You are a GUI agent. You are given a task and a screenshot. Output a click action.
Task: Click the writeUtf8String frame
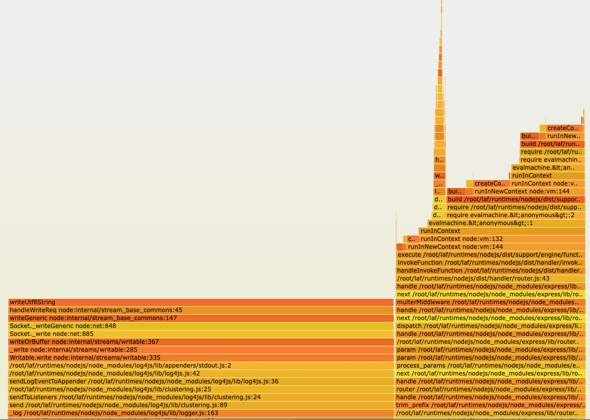(201, 302)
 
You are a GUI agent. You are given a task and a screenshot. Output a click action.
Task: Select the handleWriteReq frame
(201, 310)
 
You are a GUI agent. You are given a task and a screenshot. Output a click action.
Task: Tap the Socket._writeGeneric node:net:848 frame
(201, 326)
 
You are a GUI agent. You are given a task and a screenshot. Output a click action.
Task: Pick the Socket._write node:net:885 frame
(201, 334)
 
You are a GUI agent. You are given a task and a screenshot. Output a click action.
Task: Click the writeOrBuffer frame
(201, 342)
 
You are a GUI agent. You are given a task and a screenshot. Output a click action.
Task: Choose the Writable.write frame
(201, 358)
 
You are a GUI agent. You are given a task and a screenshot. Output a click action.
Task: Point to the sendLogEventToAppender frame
(201, 381)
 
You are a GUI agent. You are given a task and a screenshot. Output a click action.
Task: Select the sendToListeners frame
(201, 397)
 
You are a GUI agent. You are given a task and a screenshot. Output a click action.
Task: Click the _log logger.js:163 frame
(201, 413)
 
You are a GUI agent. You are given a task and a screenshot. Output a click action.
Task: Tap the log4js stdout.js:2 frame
(201, 366)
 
